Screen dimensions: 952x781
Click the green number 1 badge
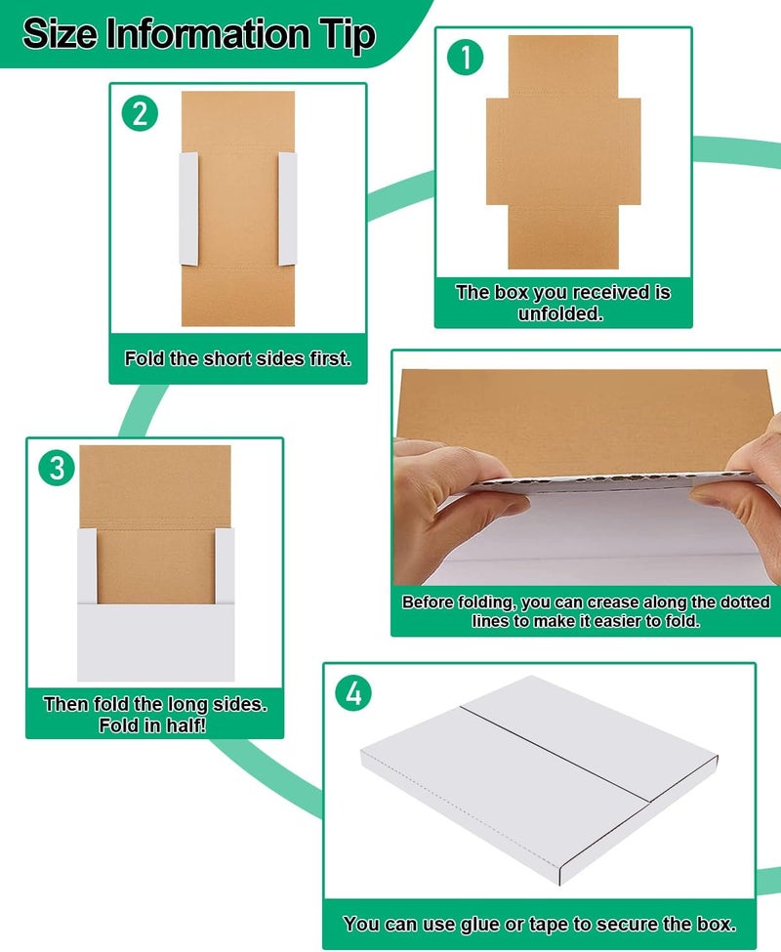click(466, 58)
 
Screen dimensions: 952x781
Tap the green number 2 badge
click(141, 114)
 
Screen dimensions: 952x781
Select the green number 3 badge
click(58, 468)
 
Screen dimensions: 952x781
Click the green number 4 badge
click(353, 694)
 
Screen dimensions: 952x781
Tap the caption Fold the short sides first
click(237, 358)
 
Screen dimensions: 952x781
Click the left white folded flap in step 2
click(188, 207)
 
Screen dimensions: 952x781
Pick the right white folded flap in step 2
click(287, 207)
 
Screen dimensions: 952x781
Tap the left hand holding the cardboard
click(439, 508)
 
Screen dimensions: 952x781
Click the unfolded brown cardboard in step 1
click(562, 151)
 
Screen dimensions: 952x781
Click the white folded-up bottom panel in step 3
click(156, 640)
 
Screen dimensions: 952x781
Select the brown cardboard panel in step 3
click(154, 527)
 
